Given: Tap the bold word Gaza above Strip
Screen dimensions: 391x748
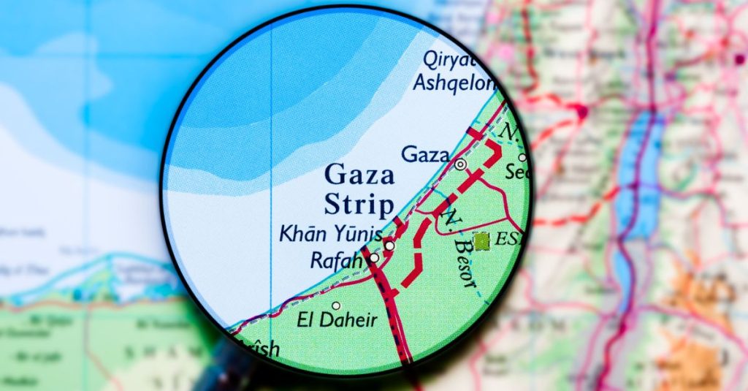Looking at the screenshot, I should click(x=359, y=175).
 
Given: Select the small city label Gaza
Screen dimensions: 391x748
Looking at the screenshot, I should click(x=424, y=154).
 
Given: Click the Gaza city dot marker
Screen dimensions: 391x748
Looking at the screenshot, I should click(x=460, y=164).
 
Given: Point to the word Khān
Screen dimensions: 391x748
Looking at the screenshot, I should click(x=299, y=235).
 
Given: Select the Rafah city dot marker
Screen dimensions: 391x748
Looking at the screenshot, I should click(x=374, y=258).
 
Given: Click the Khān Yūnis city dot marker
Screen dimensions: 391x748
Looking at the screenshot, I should click(x=389, y=246).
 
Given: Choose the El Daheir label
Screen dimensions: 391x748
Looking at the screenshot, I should click(x=336, y=319).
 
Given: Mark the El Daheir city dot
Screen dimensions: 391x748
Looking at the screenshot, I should click(x=336, y=305).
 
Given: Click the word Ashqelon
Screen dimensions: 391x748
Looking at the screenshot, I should click(x=454, y=83).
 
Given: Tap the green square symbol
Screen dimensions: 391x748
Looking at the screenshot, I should click(x=481, y=241).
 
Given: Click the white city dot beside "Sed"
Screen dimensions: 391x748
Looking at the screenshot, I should click(x=522, y=157).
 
